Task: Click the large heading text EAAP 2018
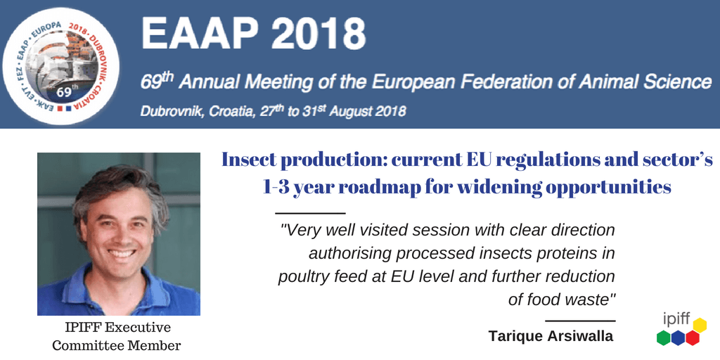pos(253,34)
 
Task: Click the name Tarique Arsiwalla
pos(551,335)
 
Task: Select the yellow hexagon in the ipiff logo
pos(700,325)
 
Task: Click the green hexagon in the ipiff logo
pos(664,337)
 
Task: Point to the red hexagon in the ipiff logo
pos(692,337)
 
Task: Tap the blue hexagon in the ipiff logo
pos(678,337)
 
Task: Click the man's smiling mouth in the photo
pos(120,253)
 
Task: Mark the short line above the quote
pos(310,213)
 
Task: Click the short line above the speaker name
pos(580,321)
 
